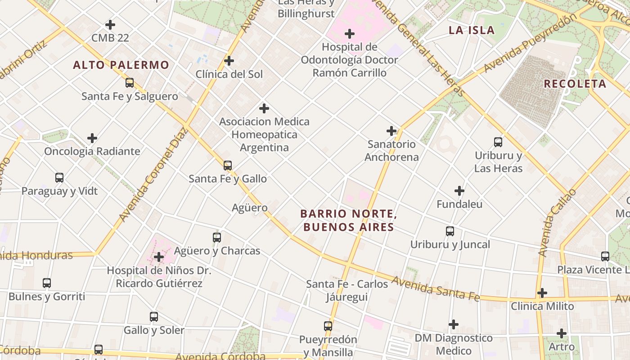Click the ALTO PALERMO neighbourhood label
click(121, 65)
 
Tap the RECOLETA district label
click(575, 84)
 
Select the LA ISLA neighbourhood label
click(472, 30)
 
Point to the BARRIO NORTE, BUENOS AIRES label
click(349, 220)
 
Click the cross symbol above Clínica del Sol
click(229, 60)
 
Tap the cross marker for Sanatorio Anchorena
click(391, 131)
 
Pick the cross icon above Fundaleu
click(459, 191)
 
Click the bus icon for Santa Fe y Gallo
click(228, 165)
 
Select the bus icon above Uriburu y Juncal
click(450, 231)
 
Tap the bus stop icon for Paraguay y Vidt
click(59, 177)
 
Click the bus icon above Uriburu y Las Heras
click(498, 142)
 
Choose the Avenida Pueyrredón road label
click(530, 43)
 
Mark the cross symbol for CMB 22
click(110, 25)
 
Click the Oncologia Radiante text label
click(92, 151)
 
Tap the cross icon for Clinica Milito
click(542, 293)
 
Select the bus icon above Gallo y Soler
click(154, 317)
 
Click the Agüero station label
click(250, 208)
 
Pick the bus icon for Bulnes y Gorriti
click(47, 283)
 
